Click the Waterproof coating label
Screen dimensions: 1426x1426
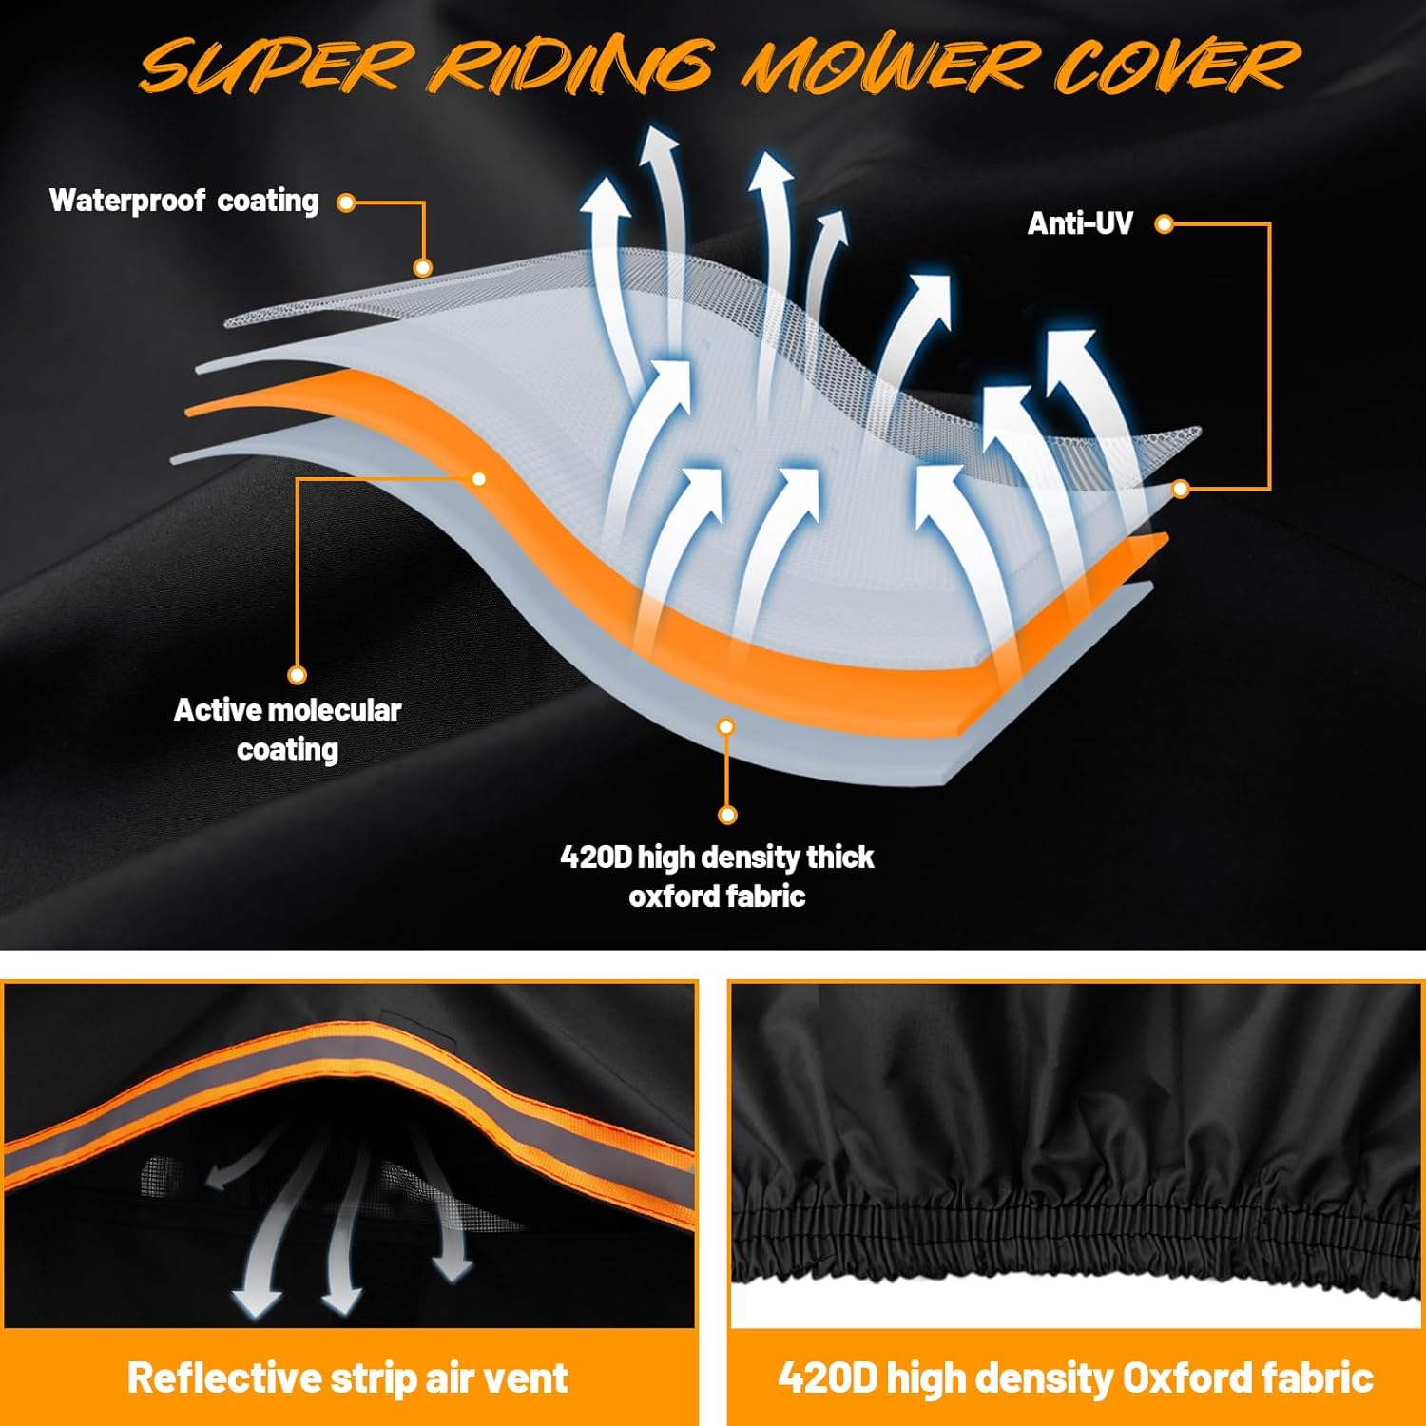183,201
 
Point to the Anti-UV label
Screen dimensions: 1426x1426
1080,223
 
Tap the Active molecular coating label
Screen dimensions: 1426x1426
287,729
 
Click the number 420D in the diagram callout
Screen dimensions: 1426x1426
595,857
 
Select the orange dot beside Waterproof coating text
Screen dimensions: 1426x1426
347,202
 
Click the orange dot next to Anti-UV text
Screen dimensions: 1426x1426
1164,223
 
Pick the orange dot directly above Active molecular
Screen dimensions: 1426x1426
297,675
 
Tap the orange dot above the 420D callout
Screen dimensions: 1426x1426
727,815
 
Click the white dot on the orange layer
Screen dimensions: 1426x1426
479,478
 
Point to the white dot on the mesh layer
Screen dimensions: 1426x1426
423,268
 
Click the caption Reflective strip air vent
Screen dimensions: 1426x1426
348,1378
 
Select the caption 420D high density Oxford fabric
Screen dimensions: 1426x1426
1075,1378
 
